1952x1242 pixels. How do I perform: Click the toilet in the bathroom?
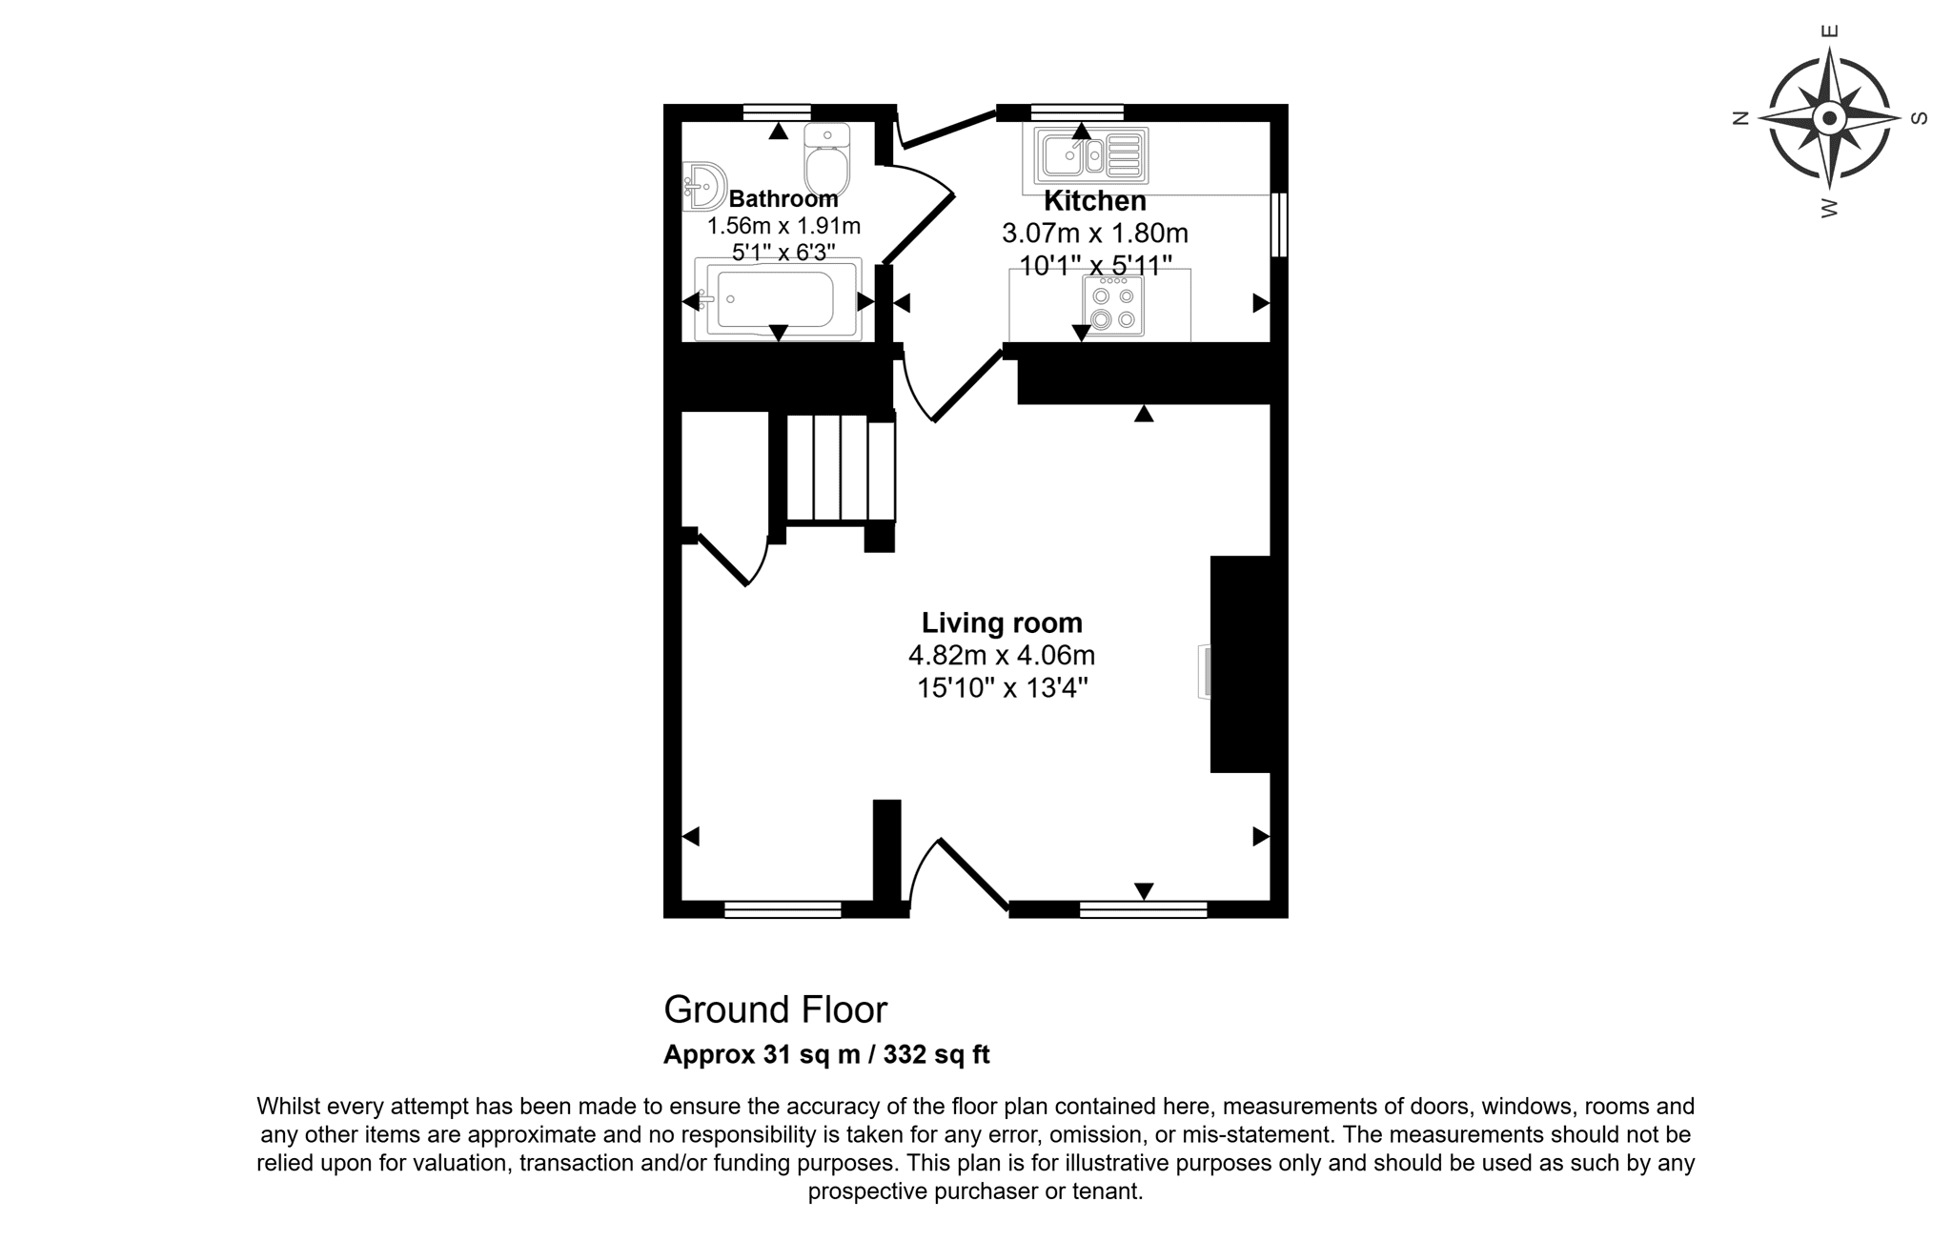827,160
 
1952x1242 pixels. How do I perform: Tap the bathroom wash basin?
704,187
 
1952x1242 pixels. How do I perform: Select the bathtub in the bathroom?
778,299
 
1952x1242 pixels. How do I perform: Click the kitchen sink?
1091,155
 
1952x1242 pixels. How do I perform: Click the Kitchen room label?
1094,201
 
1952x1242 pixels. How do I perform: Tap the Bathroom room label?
783,199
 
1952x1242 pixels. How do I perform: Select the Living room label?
1002,622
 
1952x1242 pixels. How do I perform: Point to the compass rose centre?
1829,119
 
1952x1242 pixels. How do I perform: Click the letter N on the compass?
1740,119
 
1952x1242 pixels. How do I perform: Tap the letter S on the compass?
1920,119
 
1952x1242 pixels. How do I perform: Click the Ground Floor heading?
776,1009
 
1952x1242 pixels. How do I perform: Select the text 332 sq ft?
936,1054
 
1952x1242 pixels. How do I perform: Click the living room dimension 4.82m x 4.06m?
1002,656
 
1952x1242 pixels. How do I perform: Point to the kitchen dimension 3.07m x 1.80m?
1095,234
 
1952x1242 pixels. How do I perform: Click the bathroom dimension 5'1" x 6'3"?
783,253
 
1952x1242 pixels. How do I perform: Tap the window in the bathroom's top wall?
777,112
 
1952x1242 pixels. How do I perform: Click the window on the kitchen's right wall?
1279,225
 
